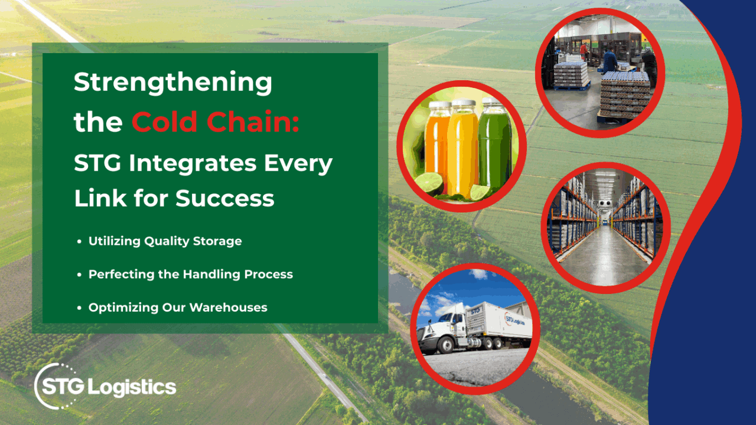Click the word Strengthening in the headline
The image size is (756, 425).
pyautogui.click(x=172, y=83)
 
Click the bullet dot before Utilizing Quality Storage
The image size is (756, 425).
pyautogui.click(x=80, y=241)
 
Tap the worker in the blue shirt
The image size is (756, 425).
pyautogui.click(x=609, y=60)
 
